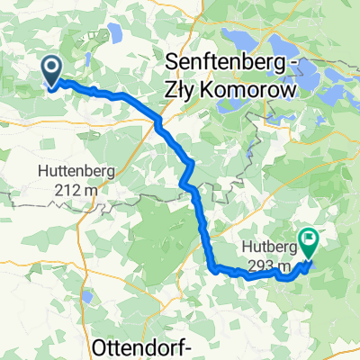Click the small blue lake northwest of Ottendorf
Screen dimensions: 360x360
click(87, 298)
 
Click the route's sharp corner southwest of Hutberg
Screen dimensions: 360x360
click(214, 267)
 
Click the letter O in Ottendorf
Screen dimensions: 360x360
click(100, 346)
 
